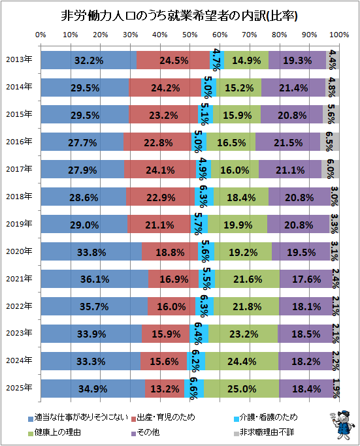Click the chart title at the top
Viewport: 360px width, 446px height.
pyautogui.click(x=179, y=16)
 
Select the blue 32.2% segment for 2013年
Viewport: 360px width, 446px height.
pyautogui.click(x=88, y=60)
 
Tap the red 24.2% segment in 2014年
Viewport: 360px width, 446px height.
pyautogui.click(x=165, y=88)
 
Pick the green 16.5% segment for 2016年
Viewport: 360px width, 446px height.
pyautogui.click(x=231, y=142)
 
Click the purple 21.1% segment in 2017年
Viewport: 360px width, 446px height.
pyautogui.click(x=290, y=169)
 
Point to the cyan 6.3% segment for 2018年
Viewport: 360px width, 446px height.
pyautogui.click(x=204, y=197)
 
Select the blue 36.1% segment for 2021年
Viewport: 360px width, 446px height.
pyautogui.click(x=95, y=279)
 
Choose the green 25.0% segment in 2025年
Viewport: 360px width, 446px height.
pyautogui.click(x=241, y=389)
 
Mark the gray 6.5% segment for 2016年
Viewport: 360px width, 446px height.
pyautogui.click(x=329, y=142)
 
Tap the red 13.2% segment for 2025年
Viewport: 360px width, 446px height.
pyautogui.click(x=165, y=389)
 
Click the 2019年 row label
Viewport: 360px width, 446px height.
pyautogui.click(x=19, y=224)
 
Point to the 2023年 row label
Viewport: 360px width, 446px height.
pyautogui.click(x=19, y=333)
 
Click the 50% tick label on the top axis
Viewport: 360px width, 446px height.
pyautogui.click(x=190, y=35)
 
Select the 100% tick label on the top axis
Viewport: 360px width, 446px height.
pyautogui.click(x=339, y=35)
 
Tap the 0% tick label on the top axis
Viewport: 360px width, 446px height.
pyautogui.click(x=41, y=35)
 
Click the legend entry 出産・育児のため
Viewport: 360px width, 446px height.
pyautogui.click(x=163, y=417)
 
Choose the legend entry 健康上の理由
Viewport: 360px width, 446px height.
pyautogui.click(x=55, y=432)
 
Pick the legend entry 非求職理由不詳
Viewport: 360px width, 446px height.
pyautogui.click(x=264, y=432)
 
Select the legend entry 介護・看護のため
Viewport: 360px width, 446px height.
pyautogui.click(x=265, y=417)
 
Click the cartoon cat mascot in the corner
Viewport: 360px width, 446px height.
pyautogui.click(x=342, y=424)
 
